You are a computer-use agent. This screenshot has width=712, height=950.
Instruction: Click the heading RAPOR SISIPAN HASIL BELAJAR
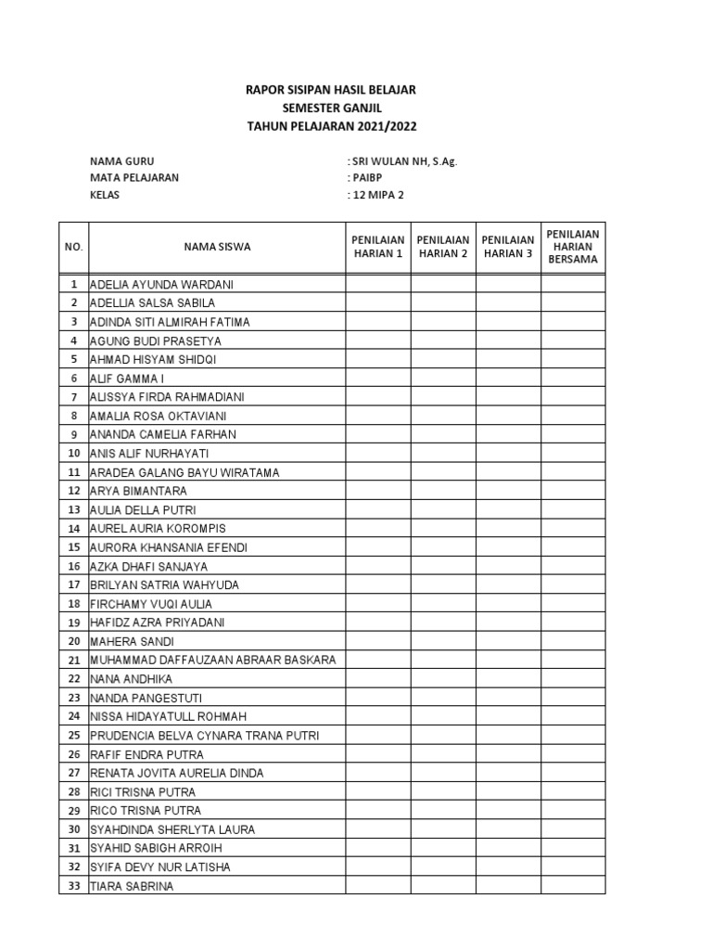click(x=330, y=90)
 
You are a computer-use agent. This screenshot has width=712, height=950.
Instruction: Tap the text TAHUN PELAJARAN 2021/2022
click(x=330, y=127)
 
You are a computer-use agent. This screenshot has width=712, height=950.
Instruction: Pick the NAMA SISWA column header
click(x=216, y=247)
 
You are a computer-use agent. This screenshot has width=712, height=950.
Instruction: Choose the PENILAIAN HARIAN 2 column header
click(x=443, y=247)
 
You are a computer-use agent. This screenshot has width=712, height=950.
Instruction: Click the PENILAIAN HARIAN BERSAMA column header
click(x=573, y=247)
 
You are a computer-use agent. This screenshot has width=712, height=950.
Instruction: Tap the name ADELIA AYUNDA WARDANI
click(x=162, y=285)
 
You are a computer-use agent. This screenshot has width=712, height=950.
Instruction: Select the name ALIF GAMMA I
click(x=126, y=379)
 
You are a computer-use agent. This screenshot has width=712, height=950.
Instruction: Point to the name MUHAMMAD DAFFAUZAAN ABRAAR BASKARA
click(x=212, y=661)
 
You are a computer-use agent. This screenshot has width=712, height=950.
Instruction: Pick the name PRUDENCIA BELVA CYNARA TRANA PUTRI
click(x=204, y=736)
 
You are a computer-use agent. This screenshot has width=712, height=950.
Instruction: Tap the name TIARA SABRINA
click(x=131, y=886)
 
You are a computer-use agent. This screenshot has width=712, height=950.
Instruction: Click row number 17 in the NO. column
click(x=73, y=585)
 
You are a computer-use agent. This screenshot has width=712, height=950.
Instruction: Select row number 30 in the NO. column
click(x=73, y=829)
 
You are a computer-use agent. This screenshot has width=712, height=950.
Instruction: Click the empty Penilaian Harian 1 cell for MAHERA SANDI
click(x=378, y=641)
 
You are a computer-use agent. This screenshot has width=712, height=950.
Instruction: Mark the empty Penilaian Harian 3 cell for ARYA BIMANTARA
click(x=508, y=491)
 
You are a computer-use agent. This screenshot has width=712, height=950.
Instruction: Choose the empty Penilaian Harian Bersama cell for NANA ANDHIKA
click(x=573, y=679)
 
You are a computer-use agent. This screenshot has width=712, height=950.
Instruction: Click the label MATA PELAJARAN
click(x=134, y=177)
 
